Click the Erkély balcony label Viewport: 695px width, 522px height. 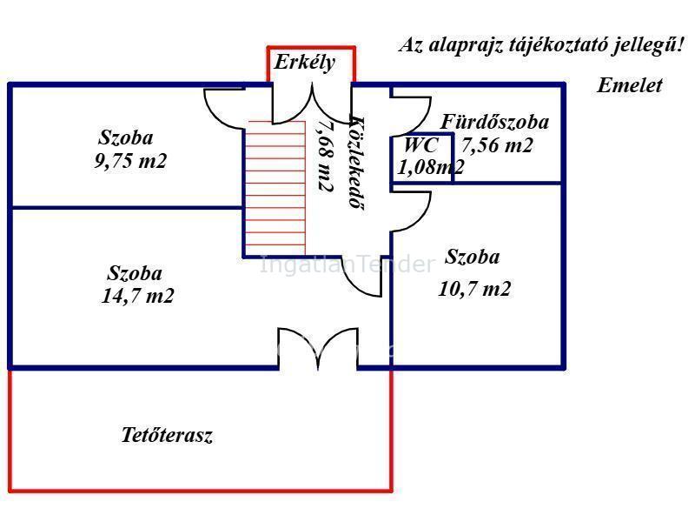(304, 63)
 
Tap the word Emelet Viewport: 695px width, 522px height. (629, 85)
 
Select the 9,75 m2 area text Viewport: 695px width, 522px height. (130, 161)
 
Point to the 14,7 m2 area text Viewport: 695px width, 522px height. (137, 296)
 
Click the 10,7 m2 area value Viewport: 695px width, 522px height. (473, 289)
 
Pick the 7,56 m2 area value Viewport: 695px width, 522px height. (496, 146)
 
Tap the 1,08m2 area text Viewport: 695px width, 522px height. (430, 167)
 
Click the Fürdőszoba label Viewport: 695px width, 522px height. (494, 122)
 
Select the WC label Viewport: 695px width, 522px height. (420, 146)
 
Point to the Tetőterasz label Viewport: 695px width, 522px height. (167, 436)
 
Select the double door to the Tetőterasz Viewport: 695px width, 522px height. (317, 348)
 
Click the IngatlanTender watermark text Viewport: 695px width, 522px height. (347, 264)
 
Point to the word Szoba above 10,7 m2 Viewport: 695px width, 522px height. (472, 258)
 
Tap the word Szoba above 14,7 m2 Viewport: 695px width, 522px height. (135, 273)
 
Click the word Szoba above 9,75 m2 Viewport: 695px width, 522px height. (126, 137)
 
